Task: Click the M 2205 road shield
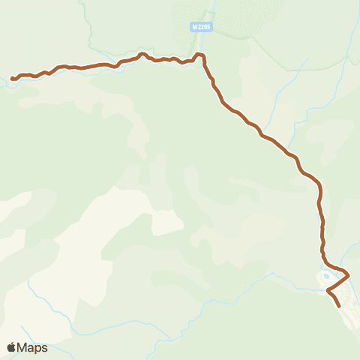pyautogui.click(x=201, y=27)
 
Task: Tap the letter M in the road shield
pyautogui.click(x=194, y=27)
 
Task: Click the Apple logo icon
pyautogui.click(x=11, y=347)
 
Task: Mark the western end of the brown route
pyautogui.click(x=12, y=78)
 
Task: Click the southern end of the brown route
pyautogui.click(x=340, y=306)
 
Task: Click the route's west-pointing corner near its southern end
pyautogui.click(x=328, y=289)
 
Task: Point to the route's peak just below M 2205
pyautogui.click(x=199, y=54)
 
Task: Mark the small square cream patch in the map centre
pyautogui.click(x=166, y=223)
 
